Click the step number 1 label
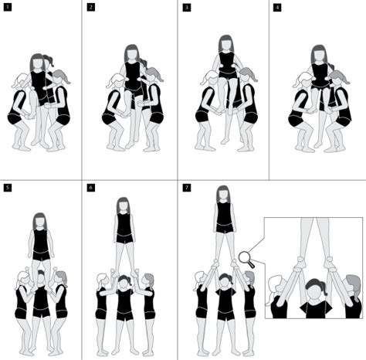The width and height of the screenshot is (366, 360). pyautogui.click(x=8, y=8)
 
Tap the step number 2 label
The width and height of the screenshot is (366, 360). pyautogui.click(x=90, y=8)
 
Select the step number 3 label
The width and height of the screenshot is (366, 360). pyautogui.click(x=187, y=8)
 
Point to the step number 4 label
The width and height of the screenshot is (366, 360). pyautogui.click(x=277, y=8)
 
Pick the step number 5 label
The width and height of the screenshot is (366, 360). pyautogui.click(x=8, y=188)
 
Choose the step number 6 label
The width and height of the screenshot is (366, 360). pyautogui.click(x=90, y=188)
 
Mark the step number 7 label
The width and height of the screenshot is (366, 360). pyautogui.click(x=187, y=188)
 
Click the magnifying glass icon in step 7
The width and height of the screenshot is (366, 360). pyautogui.click(x=246, y=257)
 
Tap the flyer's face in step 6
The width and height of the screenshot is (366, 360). pyautogui.click(x=123, y=206)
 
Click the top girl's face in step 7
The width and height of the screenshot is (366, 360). pyautogui.click(x=223, y=195)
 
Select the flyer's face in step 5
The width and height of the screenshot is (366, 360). pyautogui.click(x=40, y=223)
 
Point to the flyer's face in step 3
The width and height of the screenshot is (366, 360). pyautogui.click(x=225, y=46)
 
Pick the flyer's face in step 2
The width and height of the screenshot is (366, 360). pyautogui.click(x=132, y=56)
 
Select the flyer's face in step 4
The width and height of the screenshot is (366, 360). pyautogui.click(x=318, y=56)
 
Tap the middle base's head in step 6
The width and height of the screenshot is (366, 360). pyautogui.click(x=124, y=280)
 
